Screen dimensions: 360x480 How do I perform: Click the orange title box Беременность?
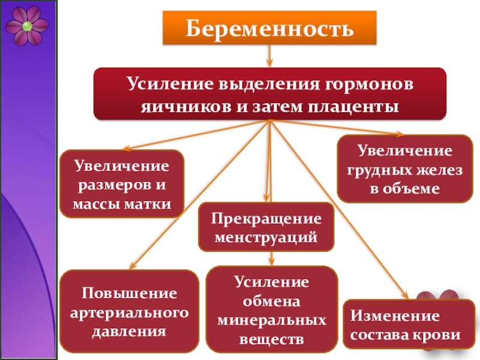tap(269, 28)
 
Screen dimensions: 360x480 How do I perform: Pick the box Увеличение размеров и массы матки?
tap(122, 184)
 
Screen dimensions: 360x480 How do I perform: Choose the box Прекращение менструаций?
tap(266, 227)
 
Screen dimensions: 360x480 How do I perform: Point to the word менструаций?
tap(266, 237)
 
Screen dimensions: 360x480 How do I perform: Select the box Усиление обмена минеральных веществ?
tap(272, 310)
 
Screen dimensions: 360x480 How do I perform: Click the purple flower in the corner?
tap(27, 25)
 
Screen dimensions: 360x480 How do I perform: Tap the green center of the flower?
tap(27, 26)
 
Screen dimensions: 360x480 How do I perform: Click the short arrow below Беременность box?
tap(269, 57)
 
